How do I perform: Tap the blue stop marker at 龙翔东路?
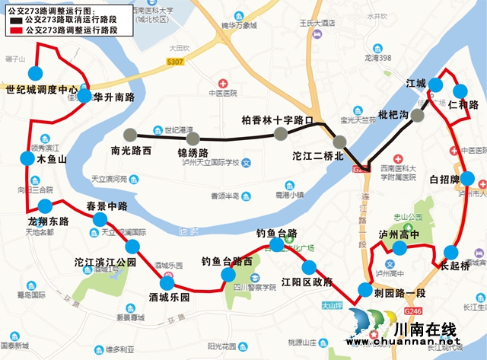coord(46,206)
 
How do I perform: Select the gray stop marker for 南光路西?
coord(131,133)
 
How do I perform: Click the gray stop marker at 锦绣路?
coord(193,138)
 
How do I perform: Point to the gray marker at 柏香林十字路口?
coord(282,135)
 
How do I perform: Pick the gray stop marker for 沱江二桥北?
coord(339,140)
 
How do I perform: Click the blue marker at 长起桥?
coord(451,253)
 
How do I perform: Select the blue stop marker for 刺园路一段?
coord(363,289)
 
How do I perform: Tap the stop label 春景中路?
coord(106,205)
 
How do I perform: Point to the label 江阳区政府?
coord(307,281)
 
